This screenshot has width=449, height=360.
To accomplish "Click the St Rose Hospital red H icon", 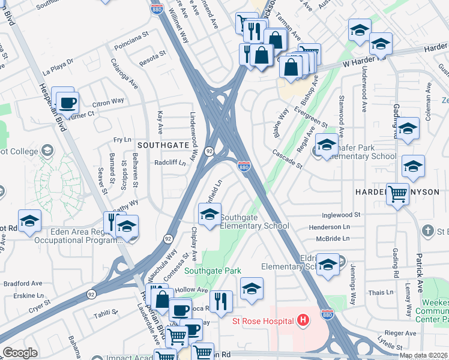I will point(303,320).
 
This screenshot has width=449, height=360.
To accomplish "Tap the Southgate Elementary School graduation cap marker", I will point(209,214).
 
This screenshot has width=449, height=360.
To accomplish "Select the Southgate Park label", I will point(212,271).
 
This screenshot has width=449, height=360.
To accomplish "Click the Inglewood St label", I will point(340,214).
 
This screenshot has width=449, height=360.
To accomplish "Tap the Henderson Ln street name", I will point(329,227).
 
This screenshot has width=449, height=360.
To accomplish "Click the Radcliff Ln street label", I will point(170,162).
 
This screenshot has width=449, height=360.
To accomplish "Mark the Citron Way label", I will point(109,101).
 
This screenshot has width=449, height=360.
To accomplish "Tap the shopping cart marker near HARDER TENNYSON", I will point(397,194).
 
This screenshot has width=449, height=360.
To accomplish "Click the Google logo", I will point(20,353).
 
